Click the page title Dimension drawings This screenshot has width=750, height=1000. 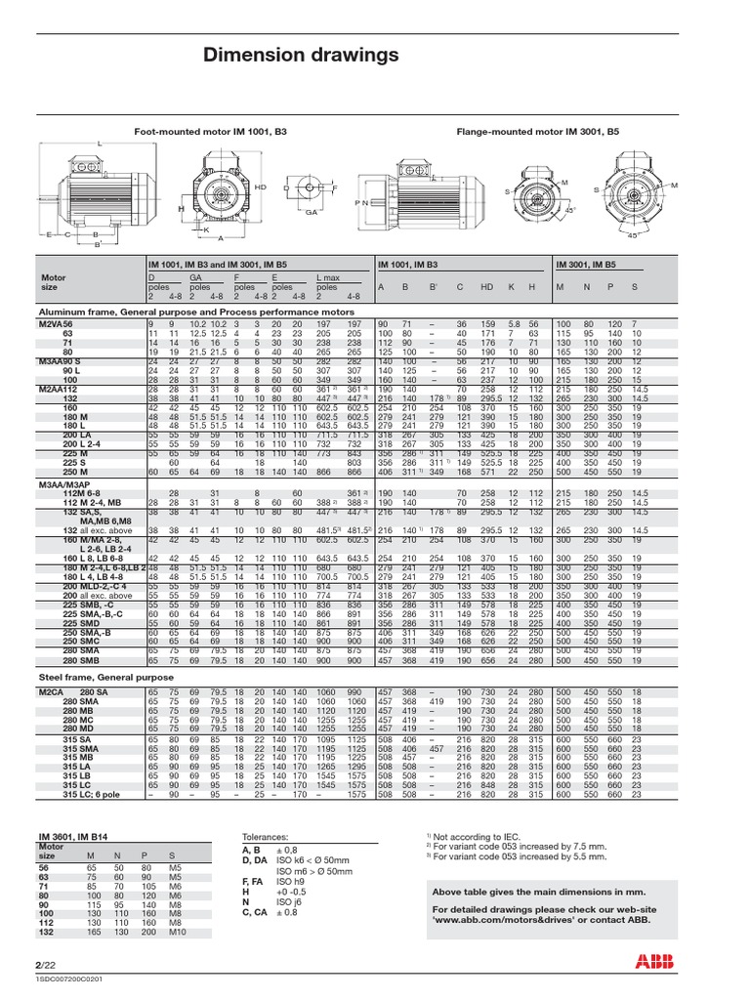coord(301,54)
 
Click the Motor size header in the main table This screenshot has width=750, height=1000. coord(53,282)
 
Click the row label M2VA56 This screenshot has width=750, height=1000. coord(57,323)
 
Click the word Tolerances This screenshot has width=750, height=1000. coord(265,838)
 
